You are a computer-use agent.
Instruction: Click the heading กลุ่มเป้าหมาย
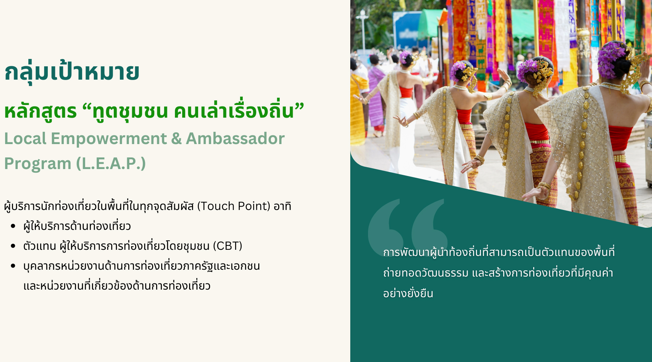(72, 72)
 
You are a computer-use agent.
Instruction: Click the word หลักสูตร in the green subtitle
(41, 111)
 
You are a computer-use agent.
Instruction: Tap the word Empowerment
(109, 139)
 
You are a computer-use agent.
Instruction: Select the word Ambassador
(235, 139)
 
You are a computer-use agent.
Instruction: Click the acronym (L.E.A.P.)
(111, 163)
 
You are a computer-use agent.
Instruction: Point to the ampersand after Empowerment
(176, 139)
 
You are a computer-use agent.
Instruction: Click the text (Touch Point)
(234, 206)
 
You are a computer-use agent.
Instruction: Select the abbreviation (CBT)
(227, 246)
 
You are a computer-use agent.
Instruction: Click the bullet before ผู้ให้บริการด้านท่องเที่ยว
(13, 226)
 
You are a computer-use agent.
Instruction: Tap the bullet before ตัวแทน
(13, 246)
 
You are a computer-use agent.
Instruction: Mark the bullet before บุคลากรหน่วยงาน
(13, 266)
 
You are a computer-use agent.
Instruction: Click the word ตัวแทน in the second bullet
(39, 246)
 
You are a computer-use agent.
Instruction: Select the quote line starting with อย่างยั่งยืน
(408, 293)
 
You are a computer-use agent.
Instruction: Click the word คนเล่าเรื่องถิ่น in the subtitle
(234, 111)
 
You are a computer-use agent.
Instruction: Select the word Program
(38, 164)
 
